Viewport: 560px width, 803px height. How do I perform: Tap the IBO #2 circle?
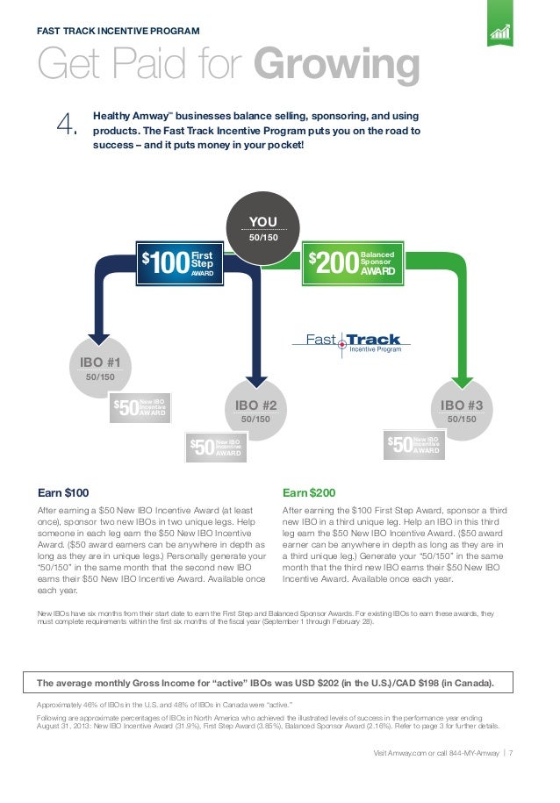point(255,412)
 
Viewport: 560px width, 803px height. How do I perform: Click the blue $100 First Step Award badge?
point(179,261)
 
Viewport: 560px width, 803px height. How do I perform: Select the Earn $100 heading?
point(63,492)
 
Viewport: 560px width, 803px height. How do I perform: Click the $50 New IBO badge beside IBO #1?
point(140,408)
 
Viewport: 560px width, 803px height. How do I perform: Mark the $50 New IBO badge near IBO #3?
point(413,445)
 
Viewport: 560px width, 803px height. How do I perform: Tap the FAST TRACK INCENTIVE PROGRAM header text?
point(118,32)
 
